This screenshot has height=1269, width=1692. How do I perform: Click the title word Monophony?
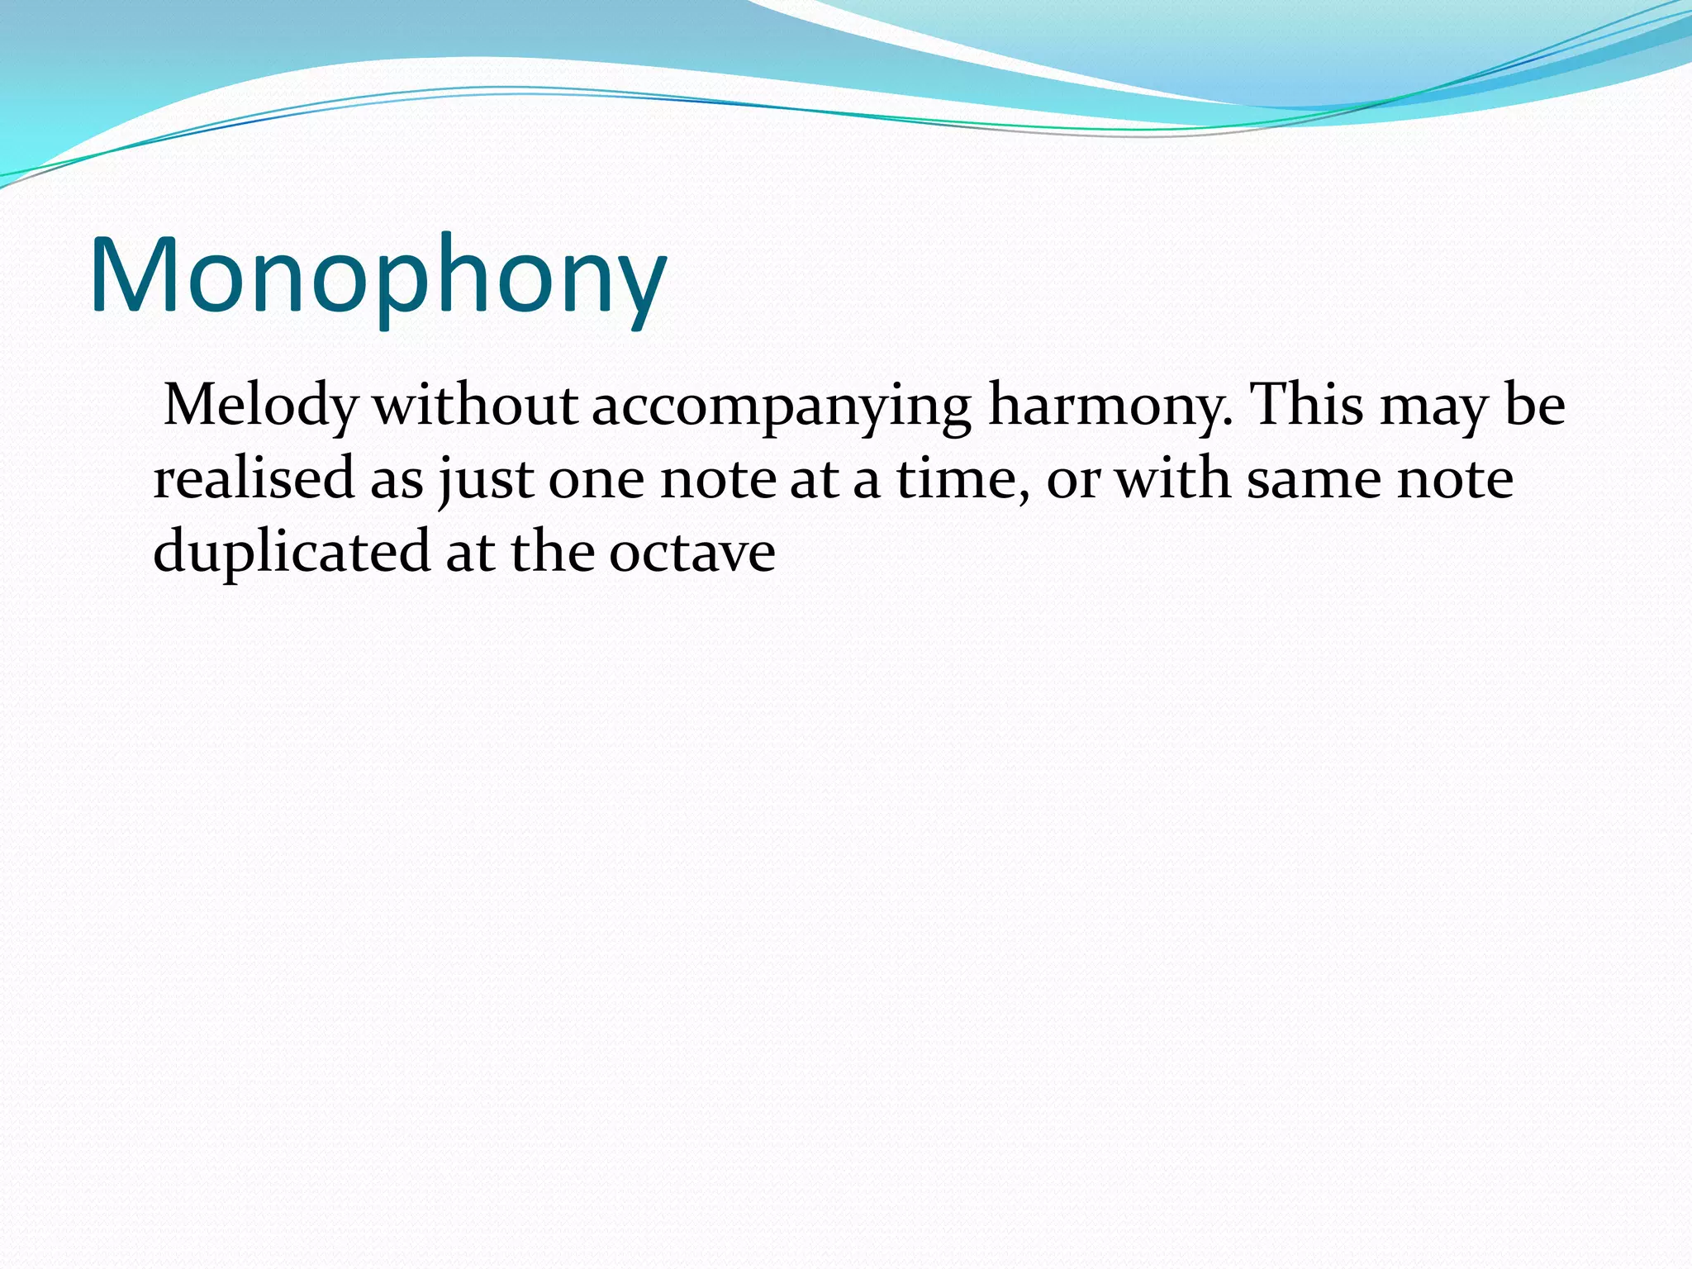378,277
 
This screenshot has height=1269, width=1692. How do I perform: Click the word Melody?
261,406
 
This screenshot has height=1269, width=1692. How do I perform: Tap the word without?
475,406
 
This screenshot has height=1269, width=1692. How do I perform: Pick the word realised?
254,479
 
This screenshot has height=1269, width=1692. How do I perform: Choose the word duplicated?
292,552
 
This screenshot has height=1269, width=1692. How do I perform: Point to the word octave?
692,552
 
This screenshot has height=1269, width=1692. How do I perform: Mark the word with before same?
1172,479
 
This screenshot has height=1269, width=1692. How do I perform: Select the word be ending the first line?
1535,405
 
